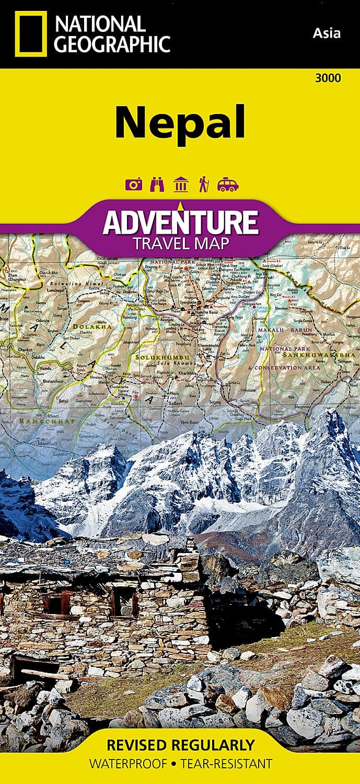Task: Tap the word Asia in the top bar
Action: click(327, 33)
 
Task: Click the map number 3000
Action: click(328, 78)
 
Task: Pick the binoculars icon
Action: click(157, 185)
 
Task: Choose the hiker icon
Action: click(204, 185)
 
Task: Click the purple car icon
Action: click(228, 185)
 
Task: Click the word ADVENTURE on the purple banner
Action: click(180, 222)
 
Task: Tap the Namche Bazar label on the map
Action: click(208, 311)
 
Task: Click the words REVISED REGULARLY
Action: click(180, 745)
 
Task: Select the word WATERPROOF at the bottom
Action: click(126, 764)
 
